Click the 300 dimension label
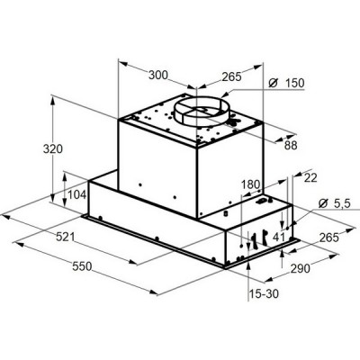(158, 75)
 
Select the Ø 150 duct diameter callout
(286, 83)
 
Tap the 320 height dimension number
(53, 149)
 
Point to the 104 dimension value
(77, 194)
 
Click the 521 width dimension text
(66, 237)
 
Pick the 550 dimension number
(82, 266)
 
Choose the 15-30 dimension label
(264, 293)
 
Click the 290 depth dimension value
(301, 268)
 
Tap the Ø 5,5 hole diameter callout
(334, 203)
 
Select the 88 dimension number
(291, 146)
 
